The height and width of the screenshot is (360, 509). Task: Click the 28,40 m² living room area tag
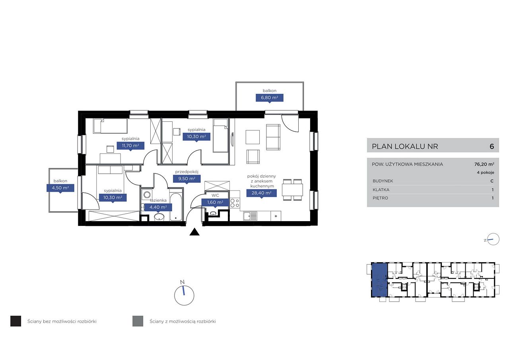tap(262, 193)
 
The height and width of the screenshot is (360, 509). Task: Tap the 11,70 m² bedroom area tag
tap(130, 146)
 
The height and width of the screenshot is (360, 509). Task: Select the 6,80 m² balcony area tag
tap(270, 98)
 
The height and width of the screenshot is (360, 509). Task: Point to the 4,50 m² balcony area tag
tap(60, 188)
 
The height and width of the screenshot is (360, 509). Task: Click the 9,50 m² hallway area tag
tap(187, 179)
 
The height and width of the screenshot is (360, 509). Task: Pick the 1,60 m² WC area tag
tap(215, 202)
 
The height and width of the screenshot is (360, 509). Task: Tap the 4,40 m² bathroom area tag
tap(158, 207)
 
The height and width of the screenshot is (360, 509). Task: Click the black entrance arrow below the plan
tap(194, 232)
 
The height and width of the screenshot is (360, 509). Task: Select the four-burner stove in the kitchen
tap(235, 203)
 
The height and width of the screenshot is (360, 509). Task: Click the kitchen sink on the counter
tap(250, 216)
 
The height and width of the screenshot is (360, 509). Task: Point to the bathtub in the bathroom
tap(176, 207)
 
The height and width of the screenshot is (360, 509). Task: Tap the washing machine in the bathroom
tap(147, 195)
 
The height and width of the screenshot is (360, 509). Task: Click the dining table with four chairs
tap(292, 190)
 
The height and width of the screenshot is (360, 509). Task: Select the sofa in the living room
tap(273, 137)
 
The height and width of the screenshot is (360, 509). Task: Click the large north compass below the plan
tap(184, 295)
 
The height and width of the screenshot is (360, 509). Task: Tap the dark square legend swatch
tap(16, 321)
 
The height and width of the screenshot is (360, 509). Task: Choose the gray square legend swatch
tap(138, 321)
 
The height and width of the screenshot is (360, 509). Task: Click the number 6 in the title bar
tap(492, 146)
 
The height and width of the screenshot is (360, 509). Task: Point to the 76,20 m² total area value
tap(484, 164)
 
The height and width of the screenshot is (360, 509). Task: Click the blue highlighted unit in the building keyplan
tap(379, 280)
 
